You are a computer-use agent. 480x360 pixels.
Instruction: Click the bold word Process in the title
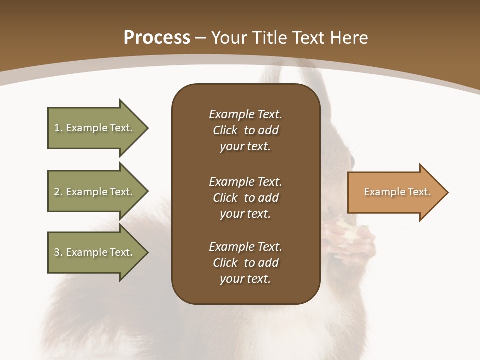tap(157, 38)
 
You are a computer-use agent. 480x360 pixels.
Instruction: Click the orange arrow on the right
tap(395, 192)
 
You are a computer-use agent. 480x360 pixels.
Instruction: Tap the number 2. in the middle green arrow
tap(58, 192)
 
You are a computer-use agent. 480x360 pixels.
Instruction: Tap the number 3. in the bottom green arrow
tap(58, 252)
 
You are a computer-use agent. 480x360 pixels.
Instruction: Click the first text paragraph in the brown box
tap(245, 130)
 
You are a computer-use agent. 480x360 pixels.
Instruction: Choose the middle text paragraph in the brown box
tap(245, 197)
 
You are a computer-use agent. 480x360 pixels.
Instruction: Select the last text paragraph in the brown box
tap(245, 263)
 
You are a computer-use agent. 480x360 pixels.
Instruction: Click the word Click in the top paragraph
tap(225, 130)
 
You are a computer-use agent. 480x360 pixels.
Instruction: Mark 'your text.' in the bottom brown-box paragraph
tap(245, 279)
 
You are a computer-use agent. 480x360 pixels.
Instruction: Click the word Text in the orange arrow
tap(419, 192)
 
